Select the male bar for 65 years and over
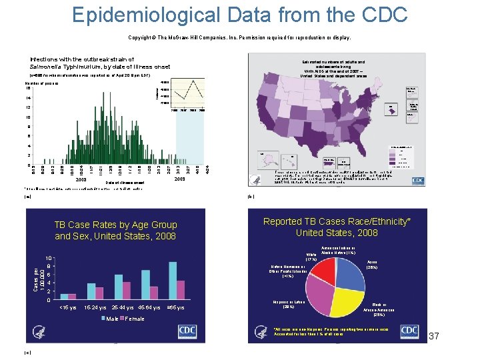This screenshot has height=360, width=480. [172, 281]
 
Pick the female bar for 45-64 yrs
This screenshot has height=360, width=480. [153, 293]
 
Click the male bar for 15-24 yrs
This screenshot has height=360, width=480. [91, 291]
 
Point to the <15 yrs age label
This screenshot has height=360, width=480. [68, 307]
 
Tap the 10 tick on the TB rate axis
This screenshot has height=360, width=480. [49, 259]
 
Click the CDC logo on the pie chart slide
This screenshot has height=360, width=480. [409, 332]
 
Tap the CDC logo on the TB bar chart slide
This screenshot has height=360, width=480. [187, 332]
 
